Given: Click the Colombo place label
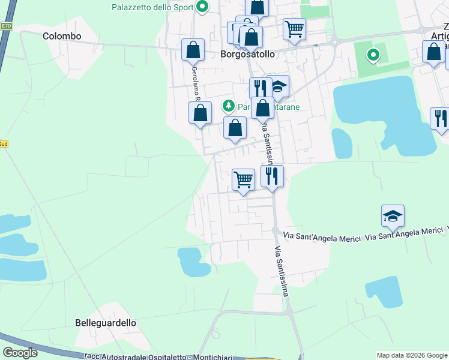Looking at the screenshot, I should (x=62, y=36).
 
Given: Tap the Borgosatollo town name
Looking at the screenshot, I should (x=247, y=54).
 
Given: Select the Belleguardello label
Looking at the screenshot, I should (x=106, y=323).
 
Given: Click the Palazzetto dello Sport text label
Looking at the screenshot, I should (x=152, y=7).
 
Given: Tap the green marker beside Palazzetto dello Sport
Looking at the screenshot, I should (x=203, y=7).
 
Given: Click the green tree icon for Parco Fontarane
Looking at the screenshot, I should (x=228, y=106).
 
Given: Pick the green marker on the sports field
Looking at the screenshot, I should (x=373, y=56).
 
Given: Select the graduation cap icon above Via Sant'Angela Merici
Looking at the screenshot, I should (x=393, y=216).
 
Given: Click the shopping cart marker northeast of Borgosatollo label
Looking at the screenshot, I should (x=294, y=28).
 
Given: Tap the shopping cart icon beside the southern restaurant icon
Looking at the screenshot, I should (x=243, y=179).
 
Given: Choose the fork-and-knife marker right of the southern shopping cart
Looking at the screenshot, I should (x=272, y=175).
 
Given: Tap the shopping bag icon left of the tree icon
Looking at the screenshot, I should (x=200, y=112).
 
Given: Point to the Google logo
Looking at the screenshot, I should (x=20, y=353).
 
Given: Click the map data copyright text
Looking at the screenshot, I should (x=412, y=355).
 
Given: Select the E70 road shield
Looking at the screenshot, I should (x=6, y=26).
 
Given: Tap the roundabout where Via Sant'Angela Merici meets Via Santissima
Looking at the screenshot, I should (x=274, y=231).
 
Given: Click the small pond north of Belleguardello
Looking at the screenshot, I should (x=193, y=260).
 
